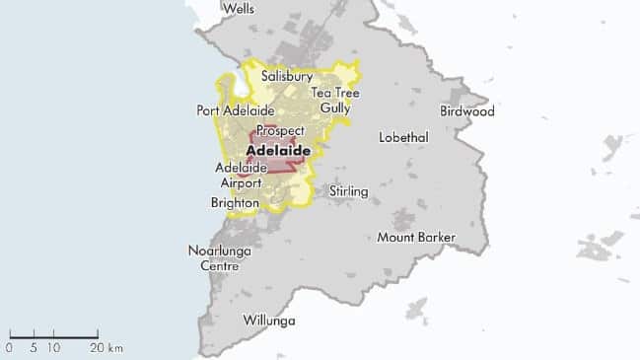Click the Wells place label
pyautogui.click(x=239, y=9)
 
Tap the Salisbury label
pyautogui.click(x=287, y=76)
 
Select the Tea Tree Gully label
pyautogui.click(x=335, y=100)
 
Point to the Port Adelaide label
pyautogui.click(x=235, y=111)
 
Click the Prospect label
pyautogui.click(x=279, y=131)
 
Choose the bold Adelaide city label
pyautogui.click(x=278, y=151)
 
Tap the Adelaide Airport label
pyautogui.click(x=241, y=176)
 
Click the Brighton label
pyautogui.click(x=235, y=203)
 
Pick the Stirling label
pyautogui.click(x=349, y=190)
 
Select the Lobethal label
pyautogui.click(x=402, y=137)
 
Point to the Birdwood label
pyautogui.click(x=466, y=111)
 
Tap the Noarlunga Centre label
pyautogui.click(x=220, y=258)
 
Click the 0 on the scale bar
pyautogui.click(x=9, y=348)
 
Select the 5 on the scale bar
pyautogui.click(x=34, y=348)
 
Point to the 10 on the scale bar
pyautogui.click(x=54, y=348)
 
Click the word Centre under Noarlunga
pyautogui.click(x=220, y=266)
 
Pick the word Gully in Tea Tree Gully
pyautogui.click(x=335, y=108)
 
